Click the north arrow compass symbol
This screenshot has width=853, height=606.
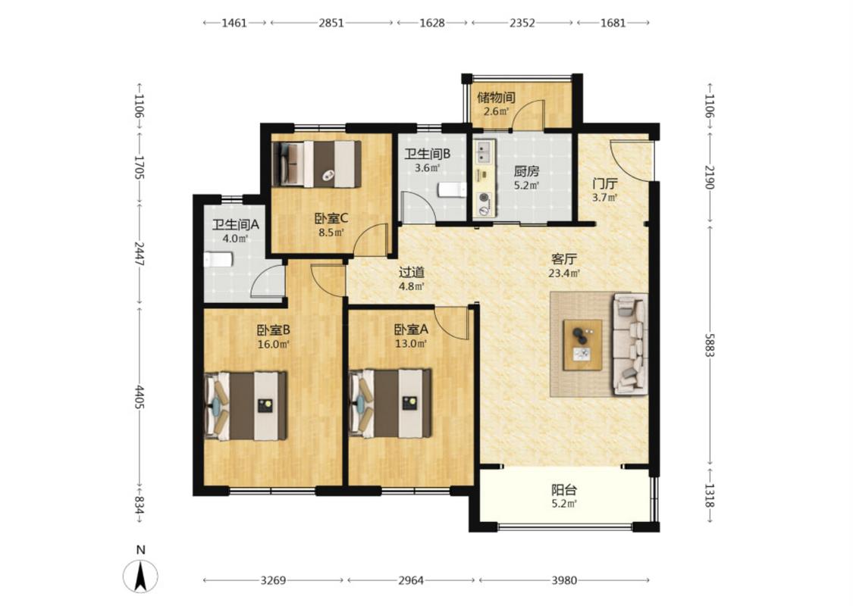[140, 575]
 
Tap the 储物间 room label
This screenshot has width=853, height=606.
[496, 98]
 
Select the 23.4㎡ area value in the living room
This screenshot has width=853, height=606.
[564, 273]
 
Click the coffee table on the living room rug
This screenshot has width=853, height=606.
[582, 345]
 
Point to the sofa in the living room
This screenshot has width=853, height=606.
[631, 344]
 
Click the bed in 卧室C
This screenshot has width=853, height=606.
[316, 164]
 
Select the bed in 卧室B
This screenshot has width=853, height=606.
[246, 405]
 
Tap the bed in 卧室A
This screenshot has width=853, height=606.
[390, 403]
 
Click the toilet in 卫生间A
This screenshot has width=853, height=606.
[218, 260]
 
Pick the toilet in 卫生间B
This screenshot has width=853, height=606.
[453, 190]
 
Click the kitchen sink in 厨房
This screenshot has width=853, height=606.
[484, 151]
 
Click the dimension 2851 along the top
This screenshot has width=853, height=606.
[331, 23]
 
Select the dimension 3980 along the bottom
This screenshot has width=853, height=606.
[564, 580]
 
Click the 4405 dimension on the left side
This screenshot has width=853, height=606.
[140, 398]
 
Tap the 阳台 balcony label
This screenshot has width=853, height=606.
[564, 489]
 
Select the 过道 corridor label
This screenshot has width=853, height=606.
[411, 272]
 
